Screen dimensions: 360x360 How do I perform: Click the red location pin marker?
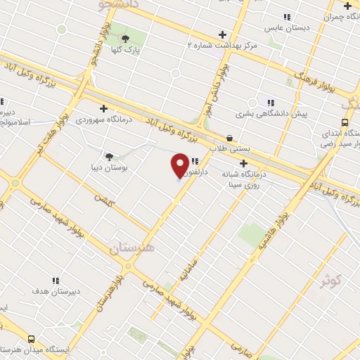pyautogui.click(x=180, y=165)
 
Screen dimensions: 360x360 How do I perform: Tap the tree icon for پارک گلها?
pyautogui.click(x=125, y=39)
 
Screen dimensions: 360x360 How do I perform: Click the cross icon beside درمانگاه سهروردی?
pyautogui.click(x=103, y=109)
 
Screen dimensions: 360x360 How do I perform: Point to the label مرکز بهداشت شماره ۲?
pyautogui.click(x=222, y=45)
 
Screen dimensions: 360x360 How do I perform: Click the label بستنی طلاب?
pyautogui.click(x=229, y=149)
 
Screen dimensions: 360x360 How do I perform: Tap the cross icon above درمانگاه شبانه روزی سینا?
pyautogui.click(x=243, y=163)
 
